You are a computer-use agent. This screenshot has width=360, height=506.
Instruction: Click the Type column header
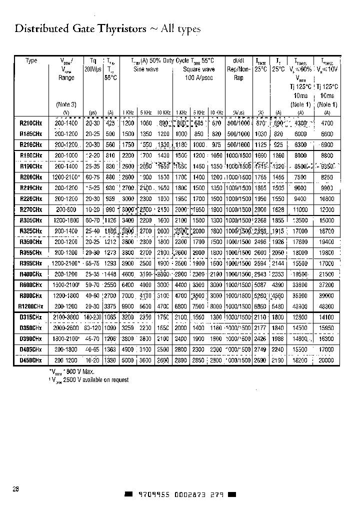point(31,61)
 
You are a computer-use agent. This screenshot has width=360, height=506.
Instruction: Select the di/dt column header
point(238,61)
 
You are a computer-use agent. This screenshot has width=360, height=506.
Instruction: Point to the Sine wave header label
point(145,69)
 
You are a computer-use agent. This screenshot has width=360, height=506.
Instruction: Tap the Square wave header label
point(198,69)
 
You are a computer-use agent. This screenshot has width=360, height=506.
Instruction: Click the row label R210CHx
point(30,123)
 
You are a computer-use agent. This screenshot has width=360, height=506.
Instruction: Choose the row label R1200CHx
point(30,306)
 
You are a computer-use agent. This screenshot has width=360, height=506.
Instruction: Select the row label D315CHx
point(30,317)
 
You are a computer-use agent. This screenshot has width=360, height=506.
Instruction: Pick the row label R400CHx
point(30,274)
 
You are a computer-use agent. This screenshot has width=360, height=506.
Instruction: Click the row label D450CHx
point(30,360)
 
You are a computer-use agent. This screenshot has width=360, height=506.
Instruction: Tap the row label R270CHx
point(30,209)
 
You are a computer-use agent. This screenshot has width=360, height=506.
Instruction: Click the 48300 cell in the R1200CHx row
point(326,306)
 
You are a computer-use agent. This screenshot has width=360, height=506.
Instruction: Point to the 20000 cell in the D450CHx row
point(326,360)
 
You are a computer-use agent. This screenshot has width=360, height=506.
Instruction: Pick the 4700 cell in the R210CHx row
point(326,123)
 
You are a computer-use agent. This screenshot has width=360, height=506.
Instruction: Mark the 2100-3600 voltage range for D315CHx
point(66,317)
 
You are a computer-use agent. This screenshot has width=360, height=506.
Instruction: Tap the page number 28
point(16,488)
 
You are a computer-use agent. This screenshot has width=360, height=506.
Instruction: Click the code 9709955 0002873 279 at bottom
point(179,494)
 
